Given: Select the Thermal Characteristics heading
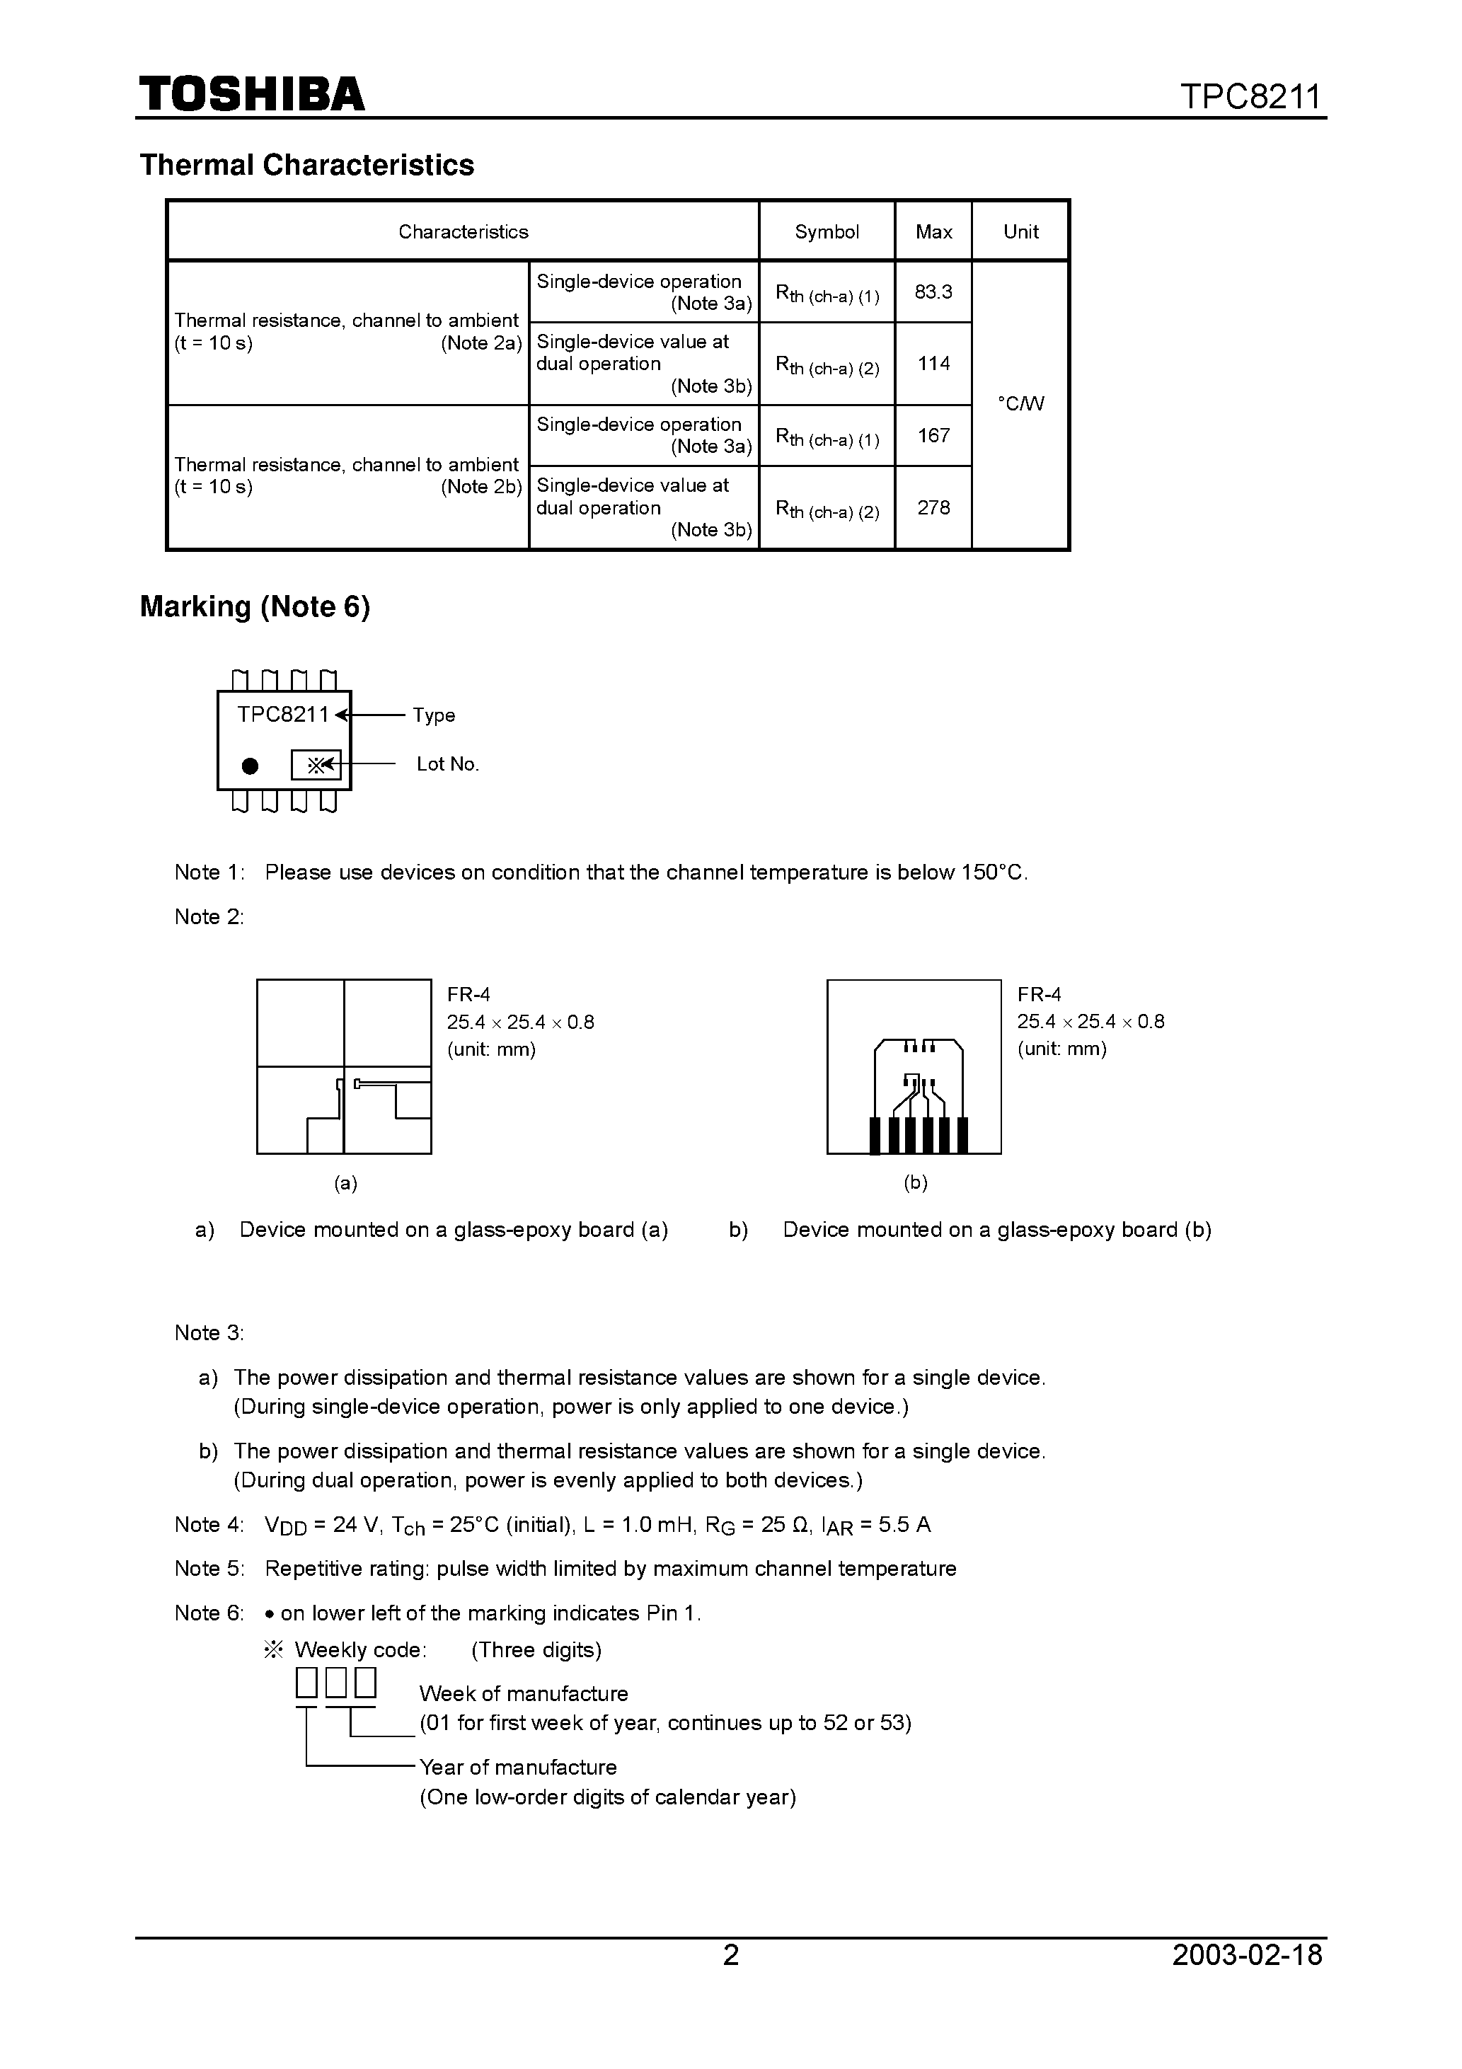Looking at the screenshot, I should click(x=306, y=165).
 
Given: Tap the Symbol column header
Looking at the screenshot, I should click(x=827, y=231).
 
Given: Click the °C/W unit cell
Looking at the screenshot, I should click(x=1020, y=404).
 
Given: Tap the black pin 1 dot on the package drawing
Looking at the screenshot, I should click(x=251, y=766).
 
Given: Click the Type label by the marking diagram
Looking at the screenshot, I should click(x=434, y=715).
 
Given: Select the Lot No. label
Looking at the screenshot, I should click(x=447, y=764).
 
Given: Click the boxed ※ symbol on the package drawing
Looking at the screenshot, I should click(x=316, y=765).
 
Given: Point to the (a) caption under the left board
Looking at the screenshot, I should click(x=345, y=1183).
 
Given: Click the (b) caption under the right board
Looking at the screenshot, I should click(x=915, y=1183).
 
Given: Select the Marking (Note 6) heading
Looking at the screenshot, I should click(x=255, y=606).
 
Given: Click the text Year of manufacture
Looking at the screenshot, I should click(x=517, y=1766).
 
